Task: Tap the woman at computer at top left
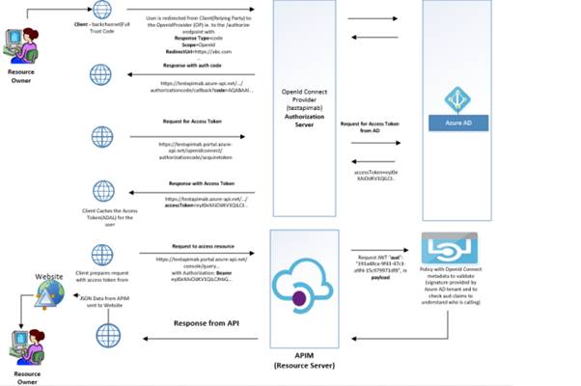[26, 44]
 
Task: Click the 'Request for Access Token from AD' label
[371, 127]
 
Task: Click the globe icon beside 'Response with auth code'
[101, 74]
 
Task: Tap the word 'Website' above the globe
[51, 276]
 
